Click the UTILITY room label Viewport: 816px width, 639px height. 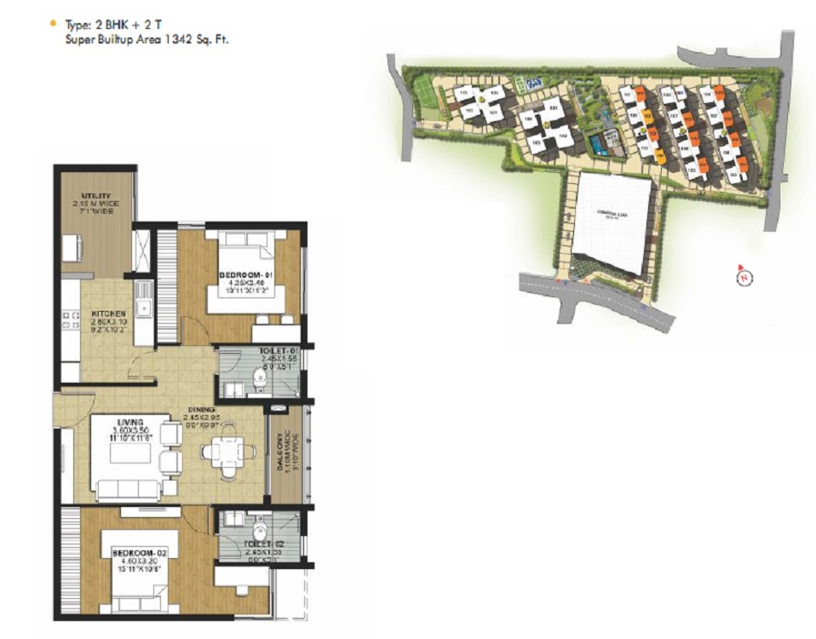96,196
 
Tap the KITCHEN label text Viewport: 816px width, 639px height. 109,314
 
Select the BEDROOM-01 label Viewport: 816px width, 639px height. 245,275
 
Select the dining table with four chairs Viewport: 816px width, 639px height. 224,452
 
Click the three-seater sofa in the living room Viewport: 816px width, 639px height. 128,490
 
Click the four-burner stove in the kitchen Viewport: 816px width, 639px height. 68,320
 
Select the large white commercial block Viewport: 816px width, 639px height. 612,223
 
